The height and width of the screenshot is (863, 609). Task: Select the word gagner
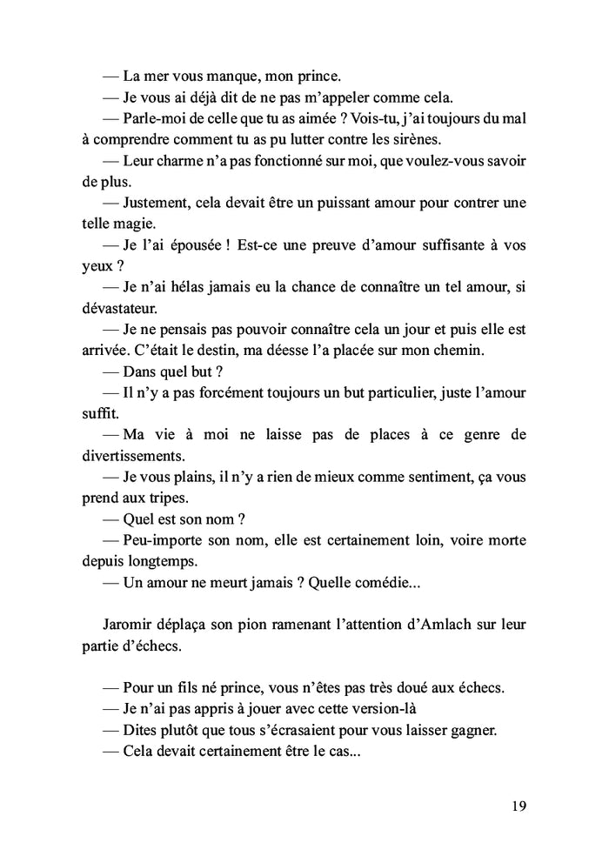(468, 730)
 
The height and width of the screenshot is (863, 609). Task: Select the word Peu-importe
(166, 540)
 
